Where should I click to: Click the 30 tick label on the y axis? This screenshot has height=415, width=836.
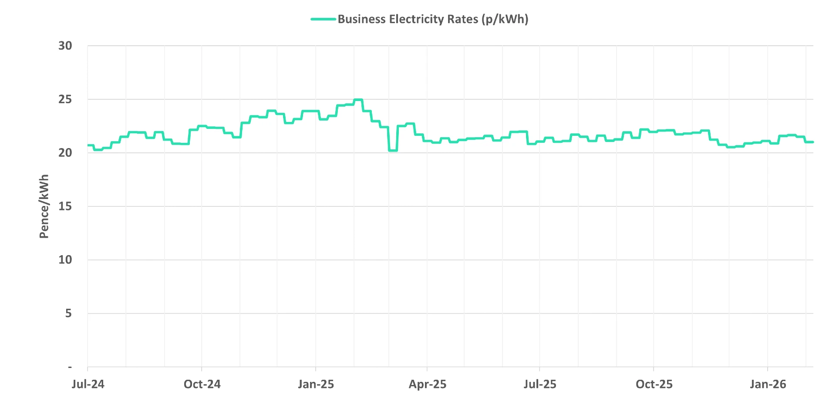pos(65,46)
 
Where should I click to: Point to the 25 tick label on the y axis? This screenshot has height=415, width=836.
pos(65,99)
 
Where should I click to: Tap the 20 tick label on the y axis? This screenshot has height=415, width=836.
pos(65,153)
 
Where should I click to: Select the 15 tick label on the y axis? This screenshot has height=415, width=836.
pos(65,206)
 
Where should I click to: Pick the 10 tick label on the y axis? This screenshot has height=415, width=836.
pos(65,260)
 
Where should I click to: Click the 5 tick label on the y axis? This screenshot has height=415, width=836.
pos(68,314)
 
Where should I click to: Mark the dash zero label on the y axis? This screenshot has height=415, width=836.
pos(70,368)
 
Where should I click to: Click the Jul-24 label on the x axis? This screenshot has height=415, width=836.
pos(88,384)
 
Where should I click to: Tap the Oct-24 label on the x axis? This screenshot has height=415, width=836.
pos(202,384)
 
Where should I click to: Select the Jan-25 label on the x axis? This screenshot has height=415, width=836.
pos(316,384)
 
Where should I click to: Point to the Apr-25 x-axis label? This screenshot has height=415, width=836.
pos(427,384)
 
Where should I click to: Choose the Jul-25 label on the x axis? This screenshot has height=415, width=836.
pos(540,384)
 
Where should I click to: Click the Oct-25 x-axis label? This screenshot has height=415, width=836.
pos(654,384)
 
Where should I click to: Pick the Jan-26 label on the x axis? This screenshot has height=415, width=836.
pos(768,384)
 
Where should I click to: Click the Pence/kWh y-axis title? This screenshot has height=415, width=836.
pos(44,206)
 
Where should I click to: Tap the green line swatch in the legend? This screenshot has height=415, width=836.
pos(323,19)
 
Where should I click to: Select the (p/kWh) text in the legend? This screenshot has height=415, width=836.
pos(505,19)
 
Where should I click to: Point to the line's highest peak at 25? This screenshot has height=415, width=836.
pos(358,100)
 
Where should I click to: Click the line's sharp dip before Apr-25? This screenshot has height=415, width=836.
pos(393,150)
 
